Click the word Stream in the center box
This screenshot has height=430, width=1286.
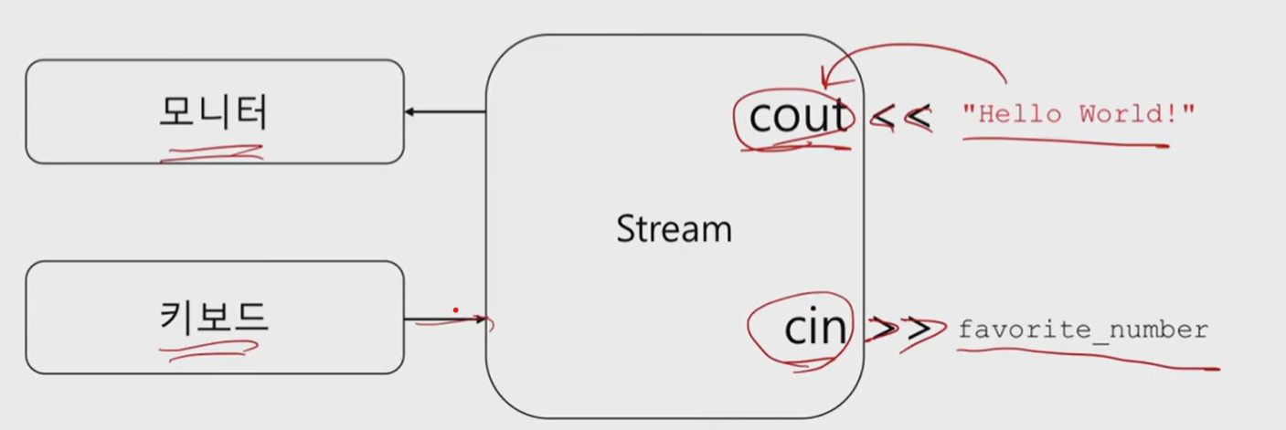pos(674,228)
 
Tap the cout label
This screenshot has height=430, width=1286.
pos(798,117)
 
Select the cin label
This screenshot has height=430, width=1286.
pos(815,328)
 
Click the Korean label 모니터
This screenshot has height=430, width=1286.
pos(214,112)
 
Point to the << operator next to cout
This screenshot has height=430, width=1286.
pos(901,117)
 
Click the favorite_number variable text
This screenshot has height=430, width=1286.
pos(1083,330)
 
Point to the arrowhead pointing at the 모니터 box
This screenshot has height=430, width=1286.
pos(410,112)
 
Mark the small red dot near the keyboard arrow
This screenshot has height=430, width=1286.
pos(455,310)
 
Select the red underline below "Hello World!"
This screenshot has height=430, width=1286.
pos(1065,141)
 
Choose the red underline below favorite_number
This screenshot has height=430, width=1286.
pos(1088,361)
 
